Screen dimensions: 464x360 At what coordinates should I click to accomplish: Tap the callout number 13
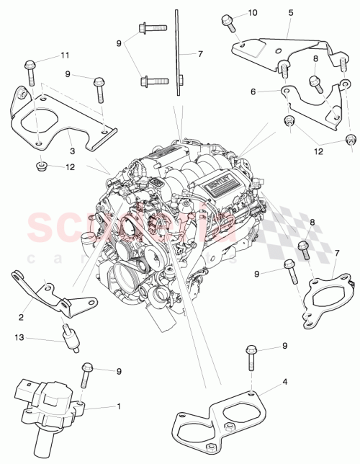click(x=20, y=337)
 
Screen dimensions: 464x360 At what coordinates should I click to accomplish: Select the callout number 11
click(x=66, y=55)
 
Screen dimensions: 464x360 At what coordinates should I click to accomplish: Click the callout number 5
click(x=291, y=12)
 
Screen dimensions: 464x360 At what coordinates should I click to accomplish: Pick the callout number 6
click(x=272, y=92)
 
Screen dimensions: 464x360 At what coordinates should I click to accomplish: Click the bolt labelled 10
click(x=227, y=21)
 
